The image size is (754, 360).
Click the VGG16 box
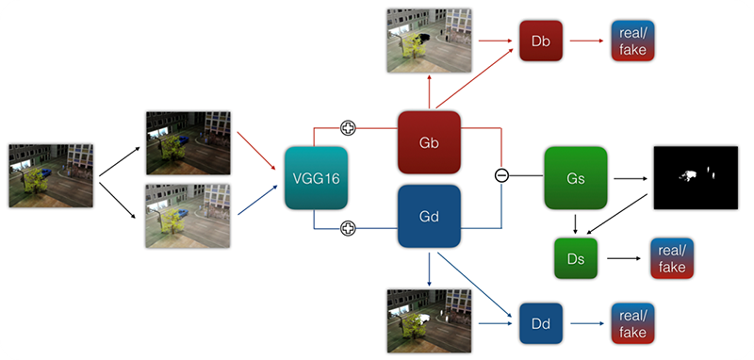pyautogui.click(x=316, y=178)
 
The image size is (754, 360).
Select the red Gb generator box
pyautogui.click(x=428, y=141)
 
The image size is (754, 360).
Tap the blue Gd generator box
pyautogui.click(x=428, y=217)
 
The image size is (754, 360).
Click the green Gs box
pyautogui.click(x=575, y=178)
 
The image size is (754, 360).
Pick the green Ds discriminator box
pyautogui.click(x=575, y=257)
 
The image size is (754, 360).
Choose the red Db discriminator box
pyautogui.click(x=540, y=41)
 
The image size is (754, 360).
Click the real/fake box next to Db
pyautogui.click(x=632, y=41)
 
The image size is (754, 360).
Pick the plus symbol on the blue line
pyautogui.click(x=348, y=228)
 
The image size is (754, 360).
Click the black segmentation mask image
pyautogui.click(x=696, y=177)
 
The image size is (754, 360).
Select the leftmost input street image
pyautogui.click(x=50, y=175)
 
